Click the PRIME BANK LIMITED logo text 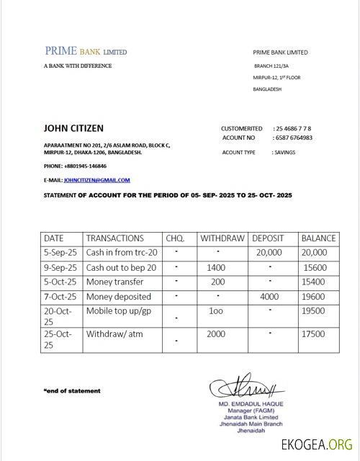(x=86, y=52)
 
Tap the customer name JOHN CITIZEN (x=73, y=129)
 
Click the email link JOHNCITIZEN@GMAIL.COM (x=96, y=180)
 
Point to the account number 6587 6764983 (x=293, y=138)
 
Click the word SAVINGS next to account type (x=284, y=153)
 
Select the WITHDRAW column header (x=222, y=238)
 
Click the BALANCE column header (x=318, y=238)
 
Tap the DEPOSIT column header (x=269, y=238)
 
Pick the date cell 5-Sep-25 (x=60, y=253)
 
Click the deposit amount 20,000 (x=269, y=253)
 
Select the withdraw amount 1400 (x=216, y=267)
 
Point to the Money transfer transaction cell (x=114, y=282)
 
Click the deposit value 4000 (x=269, y=296)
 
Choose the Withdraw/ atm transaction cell (x=114, y=334)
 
